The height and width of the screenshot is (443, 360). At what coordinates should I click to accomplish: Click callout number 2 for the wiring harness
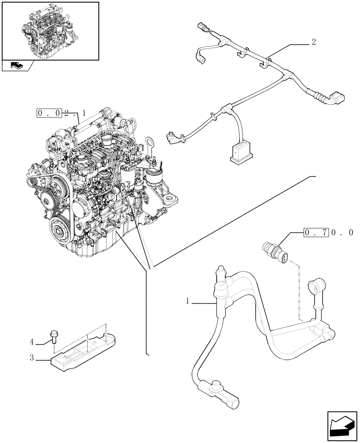pyautogui.click(x=313, y=43)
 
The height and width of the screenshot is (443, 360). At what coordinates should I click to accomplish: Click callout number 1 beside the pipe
pyautogui.click(x=188, y=301)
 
